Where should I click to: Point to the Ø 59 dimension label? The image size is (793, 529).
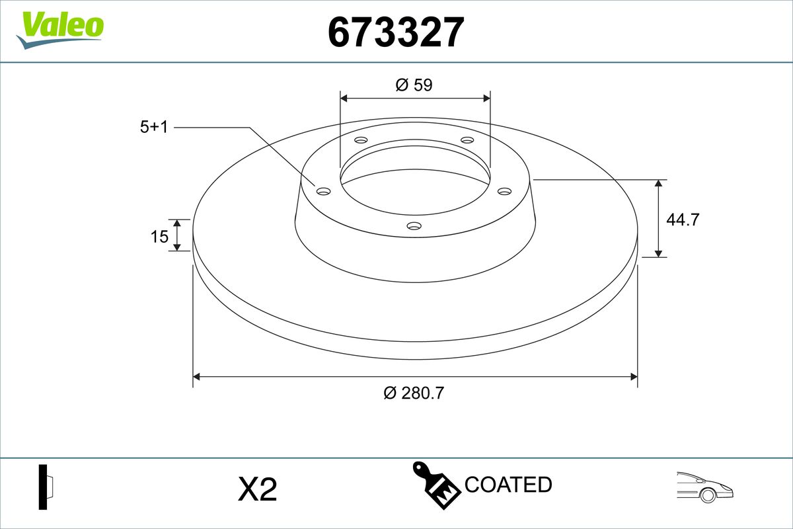[414, 85]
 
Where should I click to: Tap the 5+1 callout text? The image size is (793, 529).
[154, 128]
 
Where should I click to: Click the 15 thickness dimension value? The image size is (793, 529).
[159, 236]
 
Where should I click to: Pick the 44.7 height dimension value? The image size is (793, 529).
[682, 220]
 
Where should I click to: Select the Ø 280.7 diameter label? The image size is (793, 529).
[414, 393]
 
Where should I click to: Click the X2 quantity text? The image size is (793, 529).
[257, 490]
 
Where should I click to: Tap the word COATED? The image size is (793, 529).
[508, 485]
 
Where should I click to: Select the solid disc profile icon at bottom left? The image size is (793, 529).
[45, 487]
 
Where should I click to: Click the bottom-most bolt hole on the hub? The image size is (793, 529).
[414, 226]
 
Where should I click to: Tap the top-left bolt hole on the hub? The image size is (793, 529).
[361, 140]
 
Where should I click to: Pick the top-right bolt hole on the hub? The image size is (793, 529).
[467, 140]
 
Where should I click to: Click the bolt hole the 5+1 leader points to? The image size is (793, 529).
[323, 191]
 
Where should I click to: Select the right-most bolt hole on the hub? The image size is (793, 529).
[504, 191]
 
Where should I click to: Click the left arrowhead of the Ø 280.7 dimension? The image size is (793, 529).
[196, 377]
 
